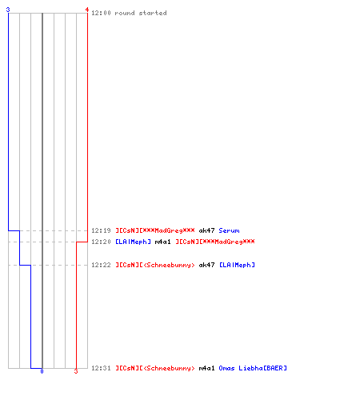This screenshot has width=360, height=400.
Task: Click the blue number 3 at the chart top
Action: coord(8,10)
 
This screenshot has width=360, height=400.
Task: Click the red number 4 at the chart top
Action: coord(87,10)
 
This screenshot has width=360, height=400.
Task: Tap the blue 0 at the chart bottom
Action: coord(42,371)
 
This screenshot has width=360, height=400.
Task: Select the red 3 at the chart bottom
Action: coord(76,371)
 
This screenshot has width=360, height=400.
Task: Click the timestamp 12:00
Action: coord(101,13)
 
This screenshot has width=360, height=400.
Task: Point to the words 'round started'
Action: coord(141,13)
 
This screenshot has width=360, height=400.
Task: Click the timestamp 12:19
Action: coord(101,230)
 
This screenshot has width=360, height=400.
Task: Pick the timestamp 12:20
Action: coord(101,242)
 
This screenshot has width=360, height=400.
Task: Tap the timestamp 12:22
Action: coord(101,265)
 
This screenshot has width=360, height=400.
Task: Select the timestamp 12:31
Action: coord(101,368)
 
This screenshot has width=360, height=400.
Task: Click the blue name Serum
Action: coord(229,230)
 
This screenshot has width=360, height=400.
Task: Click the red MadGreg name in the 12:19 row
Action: coord(155,230)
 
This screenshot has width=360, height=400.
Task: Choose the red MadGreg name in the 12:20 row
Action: coord(215,242)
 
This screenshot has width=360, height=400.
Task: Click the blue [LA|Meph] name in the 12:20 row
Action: coord(133,242)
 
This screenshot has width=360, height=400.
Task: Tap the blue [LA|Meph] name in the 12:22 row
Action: coord(237,265)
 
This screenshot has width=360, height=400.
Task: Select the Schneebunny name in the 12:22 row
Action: coord(155,265)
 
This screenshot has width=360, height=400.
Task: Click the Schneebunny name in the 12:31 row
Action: coord(155,368)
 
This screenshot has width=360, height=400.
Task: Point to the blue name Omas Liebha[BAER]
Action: coord(253,368)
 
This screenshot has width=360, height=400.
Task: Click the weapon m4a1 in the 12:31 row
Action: coord(206,368)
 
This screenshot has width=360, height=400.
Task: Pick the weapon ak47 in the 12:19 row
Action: coord(206,230)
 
